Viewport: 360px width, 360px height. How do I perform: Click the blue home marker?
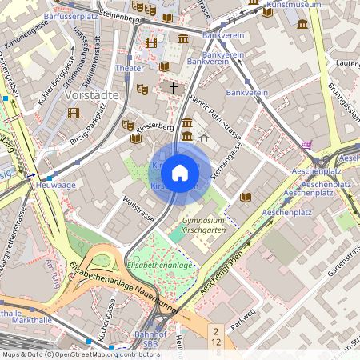(180, 173)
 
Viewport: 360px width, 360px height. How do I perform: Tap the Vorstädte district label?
(91, 94)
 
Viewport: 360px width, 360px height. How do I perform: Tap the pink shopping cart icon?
(307, 145)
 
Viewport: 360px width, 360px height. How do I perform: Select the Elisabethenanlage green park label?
(159, 265)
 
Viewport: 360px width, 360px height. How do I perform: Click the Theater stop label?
(130, 69)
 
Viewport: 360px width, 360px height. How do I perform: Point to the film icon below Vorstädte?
(74, 113)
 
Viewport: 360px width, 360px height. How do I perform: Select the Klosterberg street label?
(154, 127)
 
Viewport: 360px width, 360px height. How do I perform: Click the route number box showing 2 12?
(215, 336)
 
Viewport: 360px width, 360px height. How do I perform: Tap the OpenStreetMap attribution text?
(80, 354)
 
